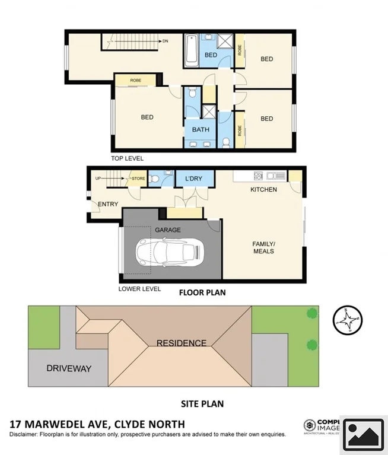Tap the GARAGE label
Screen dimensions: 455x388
tap(167, 230)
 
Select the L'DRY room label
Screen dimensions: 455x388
tap(194, 179)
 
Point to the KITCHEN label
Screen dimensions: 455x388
tap(263, 190)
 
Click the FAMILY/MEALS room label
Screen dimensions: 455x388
tap(263, 247)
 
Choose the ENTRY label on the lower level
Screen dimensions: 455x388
tap(108, 204)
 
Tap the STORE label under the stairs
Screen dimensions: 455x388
tap(138, 178)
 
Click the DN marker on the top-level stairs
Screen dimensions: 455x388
tap(165, 41)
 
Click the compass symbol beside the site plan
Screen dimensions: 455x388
tap(346, 320)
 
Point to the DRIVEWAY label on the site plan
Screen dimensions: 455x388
tap(69, 368)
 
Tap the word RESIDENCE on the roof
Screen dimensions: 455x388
tap(182, 343)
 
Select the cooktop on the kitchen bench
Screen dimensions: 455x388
tap(259, 176)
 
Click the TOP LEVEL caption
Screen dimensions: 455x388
tap(127, 158)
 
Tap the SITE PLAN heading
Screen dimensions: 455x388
tap(202, 404)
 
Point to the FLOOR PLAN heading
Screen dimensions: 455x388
tap(202, 292)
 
